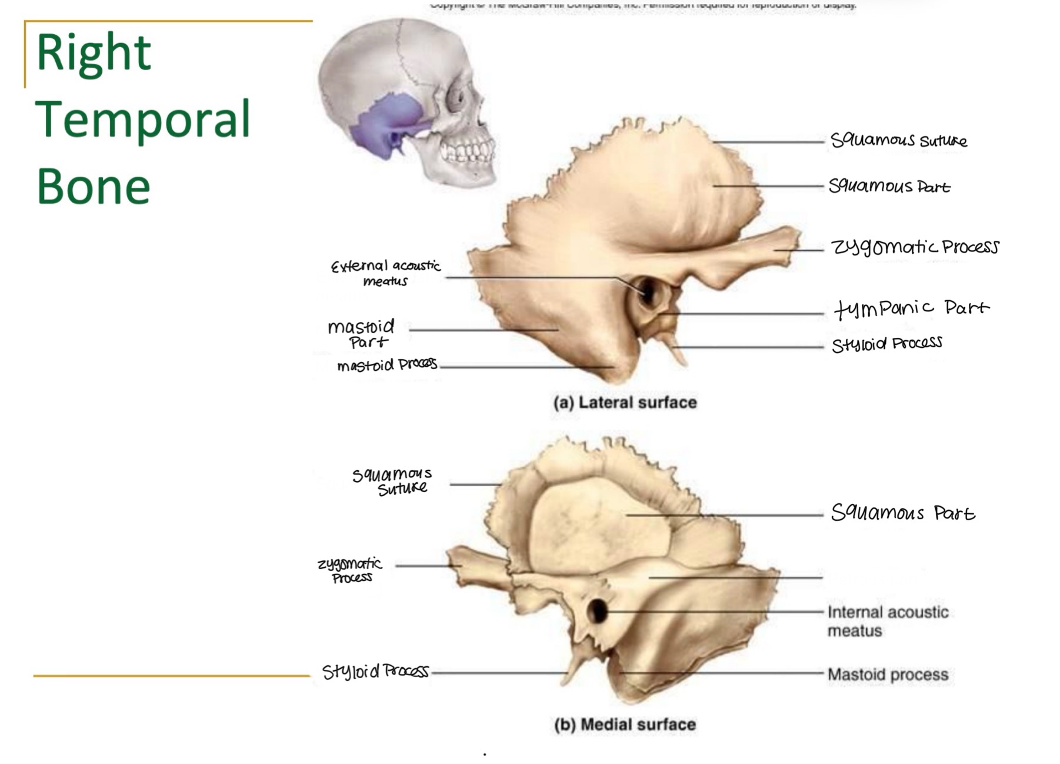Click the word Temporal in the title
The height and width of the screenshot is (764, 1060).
coord(143,120)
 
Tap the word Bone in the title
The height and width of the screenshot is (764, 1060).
coord(94,187)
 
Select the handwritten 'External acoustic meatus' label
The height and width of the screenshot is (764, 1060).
coord(385,273)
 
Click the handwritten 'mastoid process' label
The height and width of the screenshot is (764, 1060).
coord(386,365)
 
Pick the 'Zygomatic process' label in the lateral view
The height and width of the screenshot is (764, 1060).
coord(914,247)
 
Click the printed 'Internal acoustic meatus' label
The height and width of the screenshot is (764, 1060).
coord(887,621)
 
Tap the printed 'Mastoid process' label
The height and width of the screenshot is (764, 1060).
coord(887,674)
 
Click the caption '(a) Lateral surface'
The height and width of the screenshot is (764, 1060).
coord(625,403)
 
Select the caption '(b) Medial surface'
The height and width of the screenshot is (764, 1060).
coord(625,724)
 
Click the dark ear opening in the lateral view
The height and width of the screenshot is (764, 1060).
coord(647,291)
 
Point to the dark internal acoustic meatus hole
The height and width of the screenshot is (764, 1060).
coord(597,611)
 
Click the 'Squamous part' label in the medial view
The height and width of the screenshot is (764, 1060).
coord(902,513)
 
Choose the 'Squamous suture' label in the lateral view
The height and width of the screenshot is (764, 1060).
coord(898,140)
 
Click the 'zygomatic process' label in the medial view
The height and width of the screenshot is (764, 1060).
coord(351,570)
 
